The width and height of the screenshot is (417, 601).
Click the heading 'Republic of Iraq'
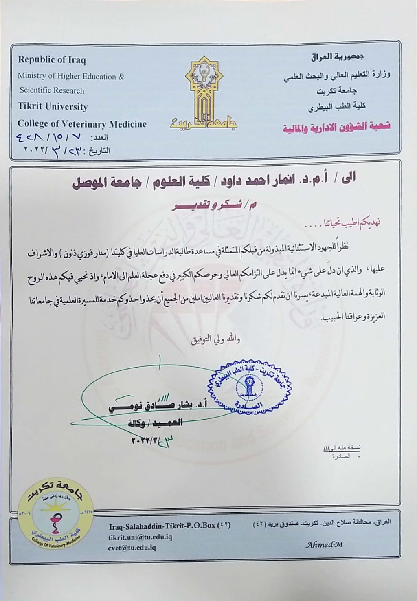52,60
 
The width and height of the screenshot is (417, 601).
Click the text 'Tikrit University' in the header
53,107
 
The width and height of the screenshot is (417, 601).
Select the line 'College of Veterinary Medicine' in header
82,124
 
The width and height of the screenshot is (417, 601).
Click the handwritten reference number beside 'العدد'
49,138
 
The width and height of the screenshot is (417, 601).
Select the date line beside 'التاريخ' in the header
67,151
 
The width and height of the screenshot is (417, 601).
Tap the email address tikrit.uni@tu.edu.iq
140,537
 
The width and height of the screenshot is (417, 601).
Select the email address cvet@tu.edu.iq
132,547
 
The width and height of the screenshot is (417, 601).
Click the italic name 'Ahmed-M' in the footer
324,545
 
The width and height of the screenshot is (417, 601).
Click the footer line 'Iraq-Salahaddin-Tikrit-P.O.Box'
170,526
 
